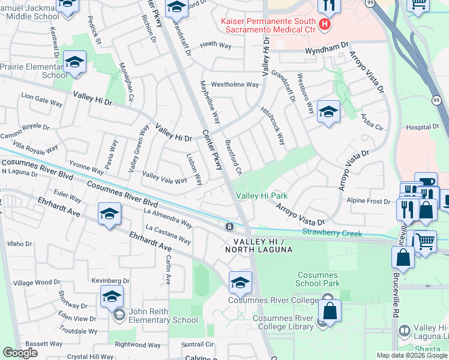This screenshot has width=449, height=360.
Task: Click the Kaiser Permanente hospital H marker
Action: (x=325, y=25)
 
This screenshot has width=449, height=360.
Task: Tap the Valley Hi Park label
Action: (x=262, y=196)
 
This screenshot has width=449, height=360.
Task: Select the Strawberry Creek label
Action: (x=332, y=232)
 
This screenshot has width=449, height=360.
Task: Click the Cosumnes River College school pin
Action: (x=240, y=281)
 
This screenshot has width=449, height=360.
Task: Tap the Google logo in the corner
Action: (x=20, y=353)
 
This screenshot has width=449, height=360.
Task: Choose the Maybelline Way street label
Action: (x=210, y=103)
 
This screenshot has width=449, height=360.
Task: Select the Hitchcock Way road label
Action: (x=273, y=125)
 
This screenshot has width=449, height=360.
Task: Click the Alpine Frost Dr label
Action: (x=370, y=201)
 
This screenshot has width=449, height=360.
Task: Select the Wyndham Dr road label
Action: (x=327, y=46)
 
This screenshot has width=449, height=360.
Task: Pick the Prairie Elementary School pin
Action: (x=76, y=62)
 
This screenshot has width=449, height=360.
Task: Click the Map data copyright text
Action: (x=411, y=355)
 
